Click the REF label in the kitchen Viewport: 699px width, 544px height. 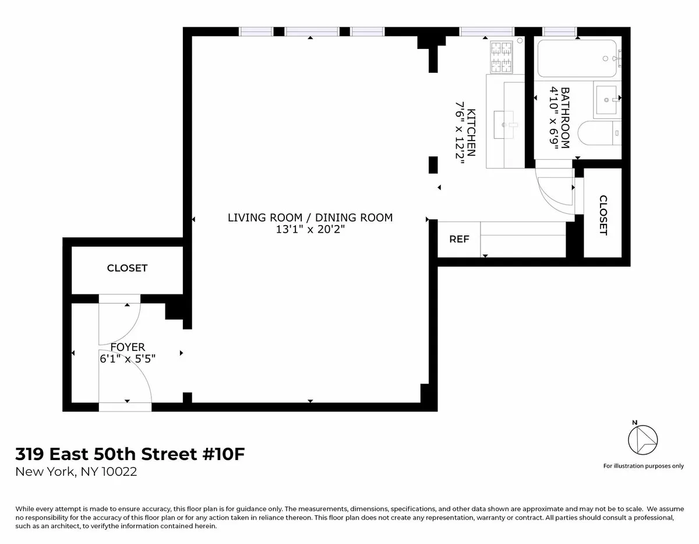coord(459,240)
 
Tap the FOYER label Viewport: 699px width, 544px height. coord(127,348)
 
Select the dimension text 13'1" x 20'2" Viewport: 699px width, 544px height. coord(310,230)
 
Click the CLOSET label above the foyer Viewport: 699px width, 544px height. coord(127,268)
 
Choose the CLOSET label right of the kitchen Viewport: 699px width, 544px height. coord(603,215)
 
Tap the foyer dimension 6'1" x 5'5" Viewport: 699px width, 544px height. coord(127,359)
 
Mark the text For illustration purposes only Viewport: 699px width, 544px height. coord(643,466)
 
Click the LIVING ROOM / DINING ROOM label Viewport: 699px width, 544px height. coord(310,217)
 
